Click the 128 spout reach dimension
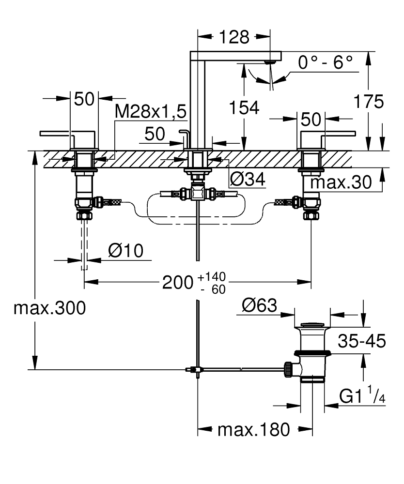[x=233, y=37]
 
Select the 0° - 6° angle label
[x=325, y=62]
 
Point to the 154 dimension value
[x=244, y=108]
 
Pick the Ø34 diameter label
[x=248, y=180]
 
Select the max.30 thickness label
[x=341, y=182]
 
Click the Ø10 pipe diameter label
[x=125, y=251]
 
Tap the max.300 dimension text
[x=49, y=308]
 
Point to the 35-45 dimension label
[x=362, y=341]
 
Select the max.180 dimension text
[x=253, y=429]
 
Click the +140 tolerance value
[x=212, y=277]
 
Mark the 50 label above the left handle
[x=84, y=99]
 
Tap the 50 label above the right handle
[x=311, y=119]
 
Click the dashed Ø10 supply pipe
[x=85, y=244]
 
